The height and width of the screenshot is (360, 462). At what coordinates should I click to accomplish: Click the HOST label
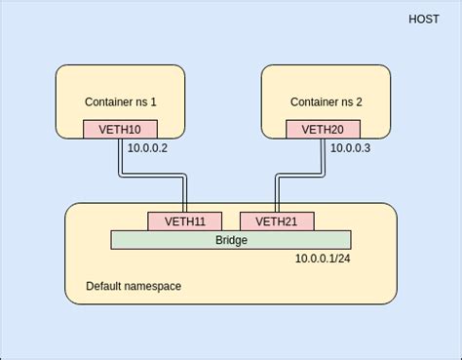[425, 20]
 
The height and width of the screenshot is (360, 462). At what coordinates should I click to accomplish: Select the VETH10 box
[120, 129]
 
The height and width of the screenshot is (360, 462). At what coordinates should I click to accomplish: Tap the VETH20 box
[323, 129]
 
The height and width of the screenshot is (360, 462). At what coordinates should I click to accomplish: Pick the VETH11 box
[184, 221]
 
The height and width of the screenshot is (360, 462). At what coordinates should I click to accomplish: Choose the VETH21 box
[277, 221]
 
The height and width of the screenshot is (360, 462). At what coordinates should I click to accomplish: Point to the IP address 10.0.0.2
[148, 148]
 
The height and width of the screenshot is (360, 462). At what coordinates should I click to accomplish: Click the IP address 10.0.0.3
[351, 148]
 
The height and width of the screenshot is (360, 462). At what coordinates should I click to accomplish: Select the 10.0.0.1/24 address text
[323, 259]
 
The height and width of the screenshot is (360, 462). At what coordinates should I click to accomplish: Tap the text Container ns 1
[120, 101]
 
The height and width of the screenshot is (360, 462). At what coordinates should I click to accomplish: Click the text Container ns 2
[326, 101]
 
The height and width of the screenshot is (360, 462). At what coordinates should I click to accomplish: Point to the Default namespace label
[134, 286]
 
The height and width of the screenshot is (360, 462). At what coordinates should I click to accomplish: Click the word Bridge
[231, 240]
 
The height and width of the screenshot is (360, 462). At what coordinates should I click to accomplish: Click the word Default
[105, 286]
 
